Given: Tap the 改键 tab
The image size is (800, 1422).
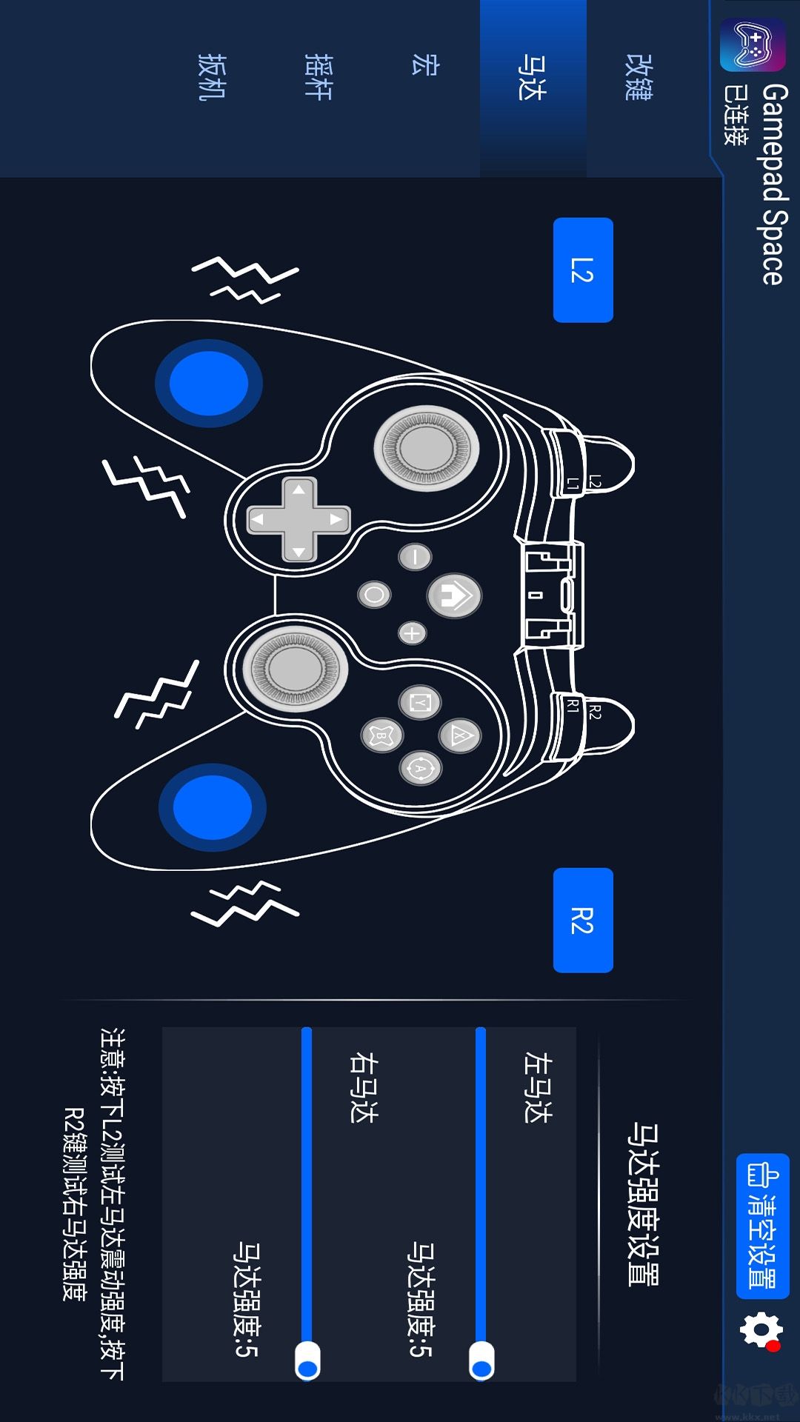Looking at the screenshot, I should pos(639,77).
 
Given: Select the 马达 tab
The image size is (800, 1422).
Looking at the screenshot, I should pos(532,77).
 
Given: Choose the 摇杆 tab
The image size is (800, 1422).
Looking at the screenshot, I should pos(319,77).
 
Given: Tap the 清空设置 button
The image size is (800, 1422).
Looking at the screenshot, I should pos(763,1226).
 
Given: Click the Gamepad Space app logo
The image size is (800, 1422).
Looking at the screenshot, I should pos(753,44).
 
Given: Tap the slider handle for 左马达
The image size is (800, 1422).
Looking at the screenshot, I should pos(481,1361).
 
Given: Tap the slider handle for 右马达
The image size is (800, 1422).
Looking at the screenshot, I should pos(307,1361).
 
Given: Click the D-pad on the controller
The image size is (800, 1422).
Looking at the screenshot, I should pos(299,519).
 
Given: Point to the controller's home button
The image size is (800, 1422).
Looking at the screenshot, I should pos(454,595).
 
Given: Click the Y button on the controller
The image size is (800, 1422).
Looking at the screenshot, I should pos(420,701).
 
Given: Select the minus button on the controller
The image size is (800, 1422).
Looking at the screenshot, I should pos(415,557).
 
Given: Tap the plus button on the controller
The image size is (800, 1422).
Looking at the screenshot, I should pos(412,633).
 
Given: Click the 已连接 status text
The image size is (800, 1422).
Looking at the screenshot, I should pos(736,115).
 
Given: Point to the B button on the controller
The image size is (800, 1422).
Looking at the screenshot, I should pos(381,735).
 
